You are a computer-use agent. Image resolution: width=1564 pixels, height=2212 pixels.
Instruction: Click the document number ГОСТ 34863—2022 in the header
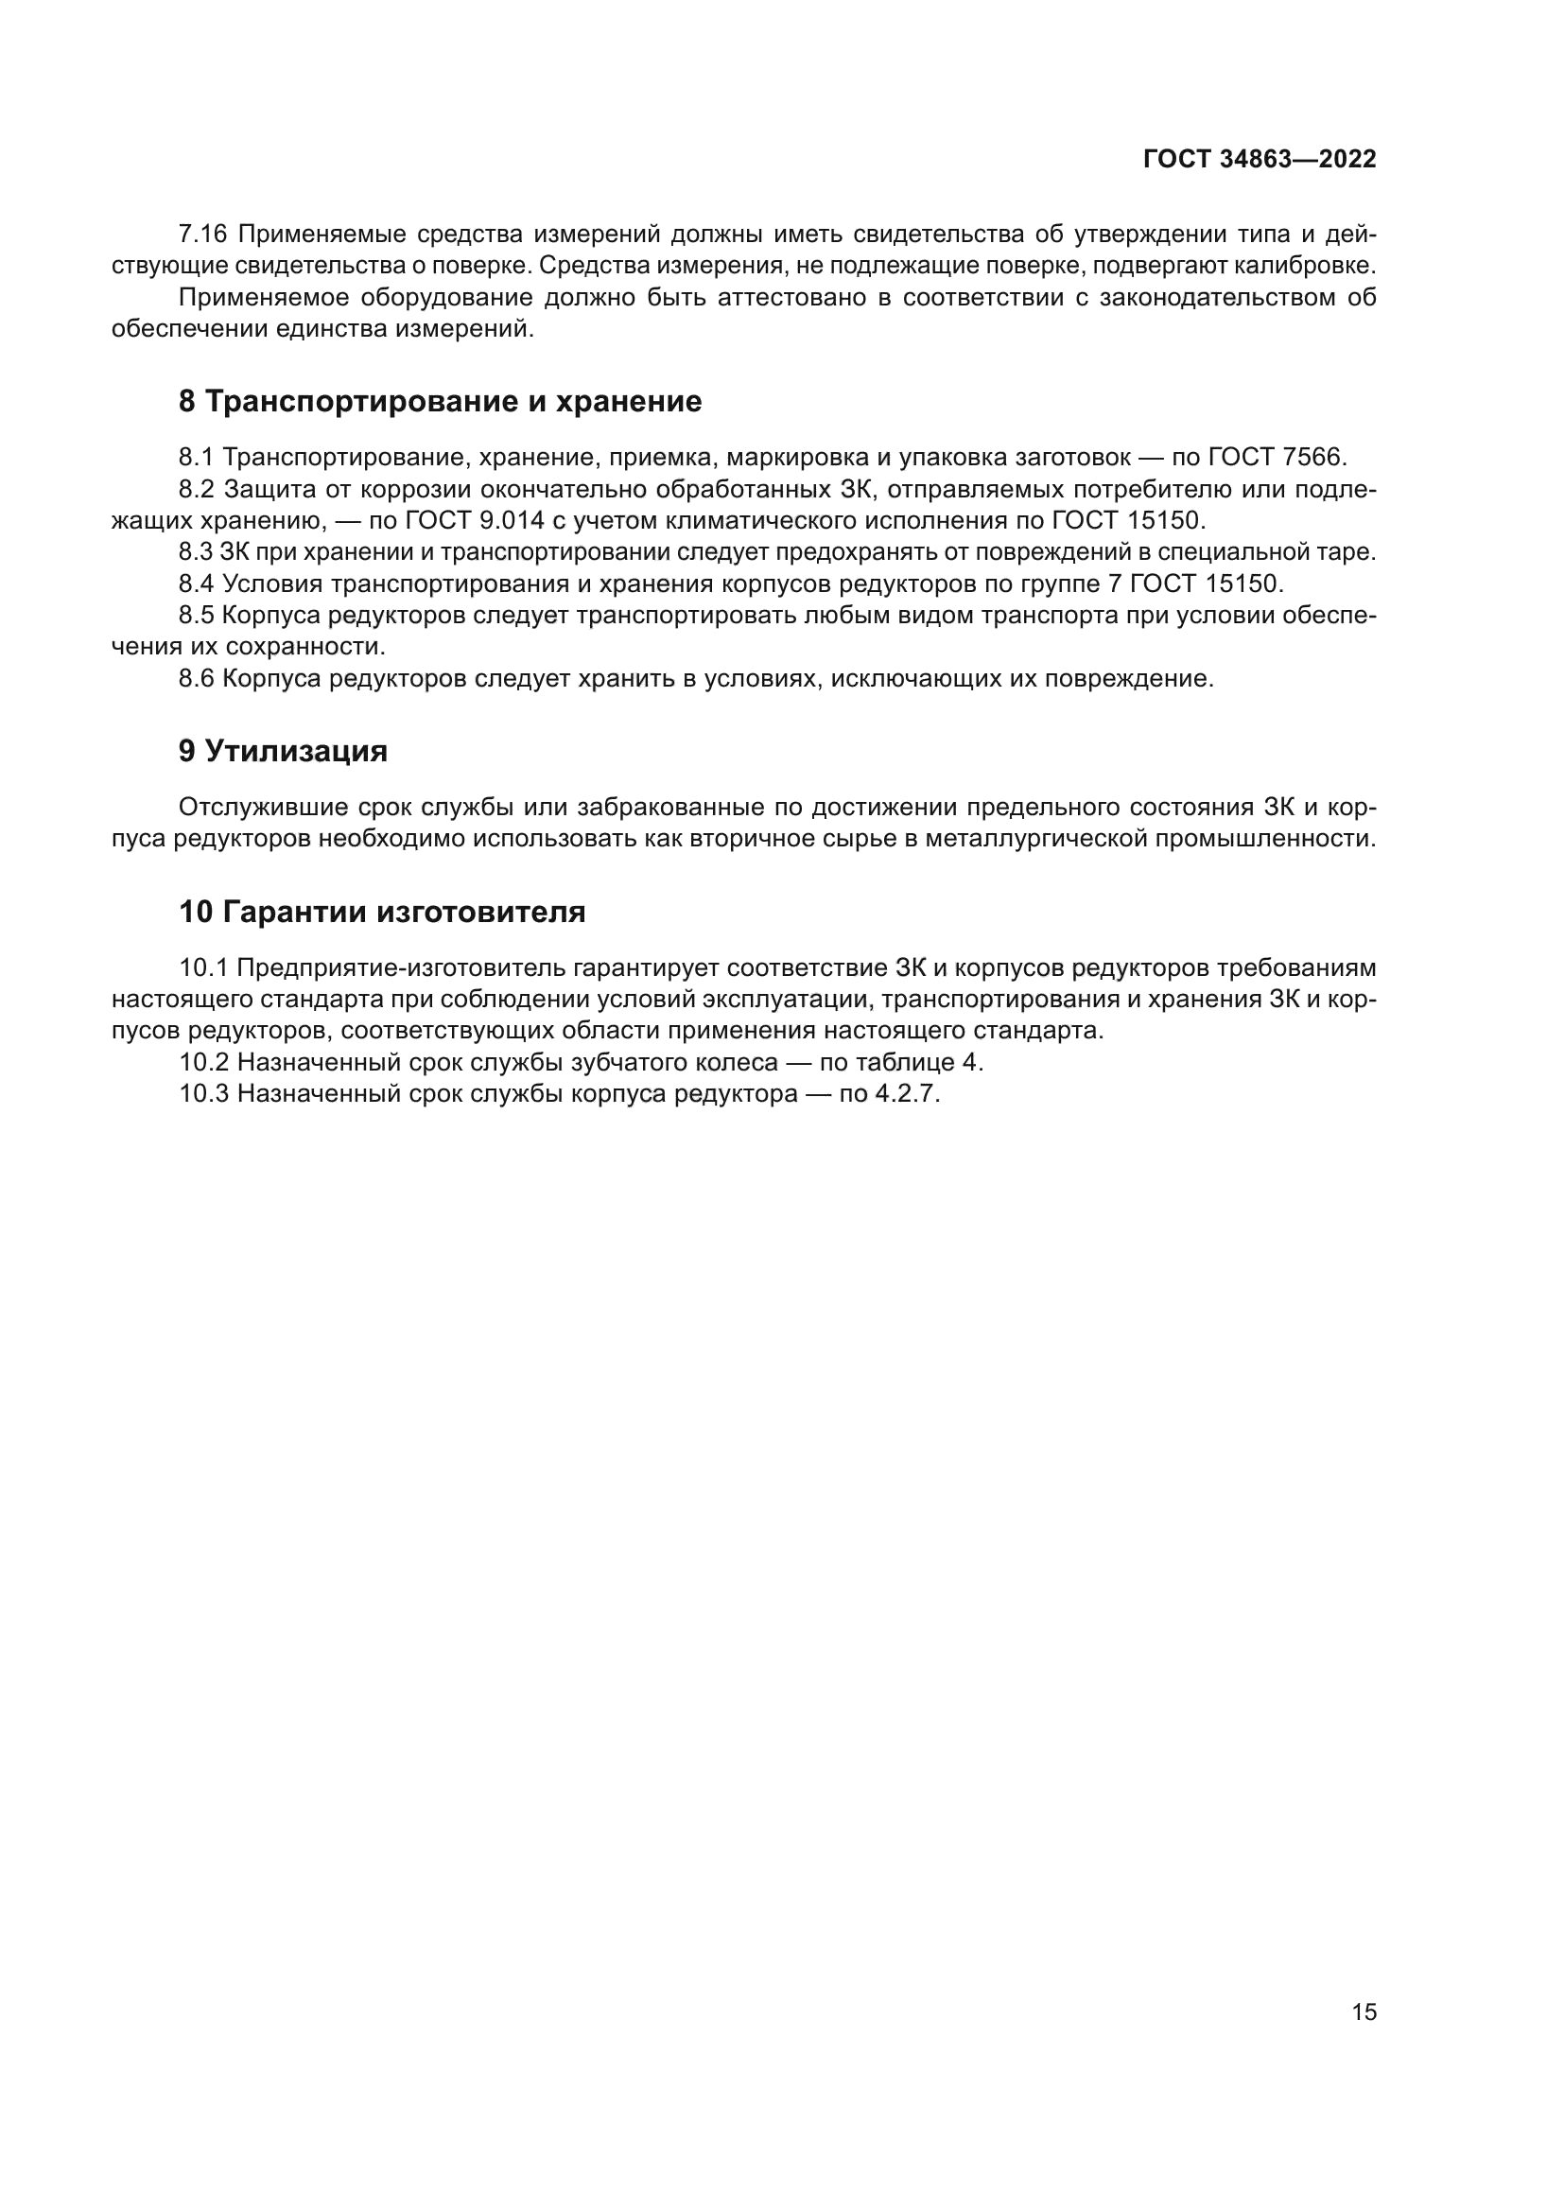click(1259, 160)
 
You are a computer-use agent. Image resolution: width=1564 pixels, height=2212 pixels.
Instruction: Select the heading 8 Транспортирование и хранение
click(440, 401)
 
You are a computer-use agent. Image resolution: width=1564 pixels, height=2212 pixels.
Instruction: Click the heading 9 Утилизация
click(283, 751)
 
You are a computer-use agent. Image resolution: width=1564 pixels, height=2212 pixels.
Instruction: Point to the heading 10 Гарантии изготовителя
click(382, 911)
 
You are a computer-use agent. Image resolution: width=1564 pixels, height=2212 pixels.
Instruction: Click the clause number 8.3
click(196, 552)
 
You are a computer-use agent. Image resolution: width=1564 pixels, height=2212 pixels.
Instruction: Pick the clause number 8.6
click(197, 678)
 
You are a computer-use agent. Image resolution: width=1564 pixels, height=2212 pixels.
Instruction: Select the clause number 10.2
click(203, 1062)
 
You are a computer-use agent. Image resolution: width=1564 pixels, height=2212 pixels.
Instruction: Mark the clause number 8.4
click(197, 583)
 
